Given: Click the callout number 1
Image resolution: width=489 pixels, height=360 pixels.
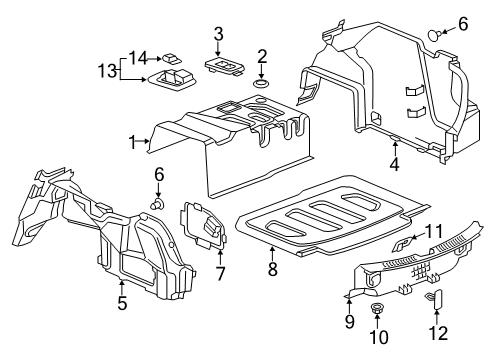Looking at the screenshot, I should [132, 144].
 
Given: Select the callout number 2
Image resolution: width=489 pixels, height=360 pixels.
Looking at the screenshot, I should [261, 56].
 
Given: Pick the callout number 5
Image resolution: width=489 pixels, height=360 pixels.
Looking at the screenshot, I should [121, 304].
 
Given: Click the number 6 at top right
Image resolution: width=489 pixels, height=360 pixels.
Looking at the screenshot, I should [462, 23].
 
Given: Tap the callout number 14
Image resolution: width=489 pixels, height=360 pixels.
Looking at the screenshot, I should [137, 56].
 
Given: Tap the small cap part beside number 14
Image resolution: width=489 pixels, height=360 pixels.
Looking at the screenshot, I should [172, 57].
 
